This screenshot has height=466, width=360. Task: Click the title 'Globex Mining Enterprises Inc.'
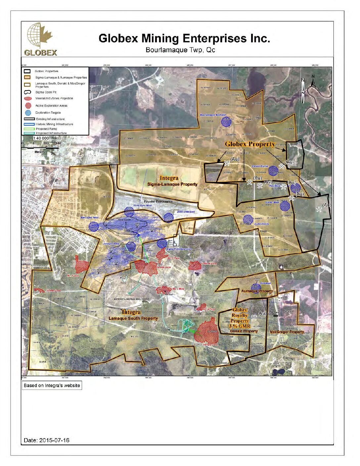tap(184, 38)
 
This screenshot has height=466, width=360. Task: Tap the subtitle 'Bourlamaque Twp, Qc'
tap(180, 50)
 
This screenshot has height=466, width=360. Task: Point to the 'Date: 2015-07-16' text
tap(47, 440)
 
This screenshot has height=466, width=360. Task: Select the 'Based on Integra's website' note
tap(52, 386)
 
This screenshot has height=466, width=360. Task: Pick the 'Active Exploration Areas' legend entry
tap(51, 106)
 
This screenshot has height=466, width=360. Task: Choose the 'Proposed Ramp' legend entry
tap(46, 129)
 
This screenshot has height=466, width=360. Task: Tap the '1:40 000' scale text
tap(41, 138)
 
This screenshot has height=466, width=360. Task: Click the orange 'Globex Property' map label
tap(250, 144)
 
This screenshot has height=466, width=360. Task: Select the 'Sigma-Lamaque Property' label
tap(172, 184)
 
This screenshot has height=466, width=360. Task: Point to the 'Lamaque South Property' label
tap(133, 318)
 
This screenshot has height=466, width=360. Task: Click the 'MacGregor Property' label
tap(287, 332)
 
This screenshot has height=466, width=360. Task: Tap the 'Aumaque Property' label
tap(257, 291)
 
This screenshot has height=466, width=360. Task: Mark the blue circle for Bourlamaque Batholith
tap(226, 121)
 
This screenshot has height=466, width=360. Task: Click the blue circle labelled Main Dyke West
tap(94, 226)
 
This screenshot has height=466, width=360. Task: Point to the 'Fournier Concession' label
tap(158, 201)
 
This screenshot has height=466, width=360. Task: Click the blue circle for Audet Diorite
tap(248, 219)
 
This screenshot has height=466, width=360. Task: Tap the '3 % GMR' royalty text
tap(240, 326)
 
